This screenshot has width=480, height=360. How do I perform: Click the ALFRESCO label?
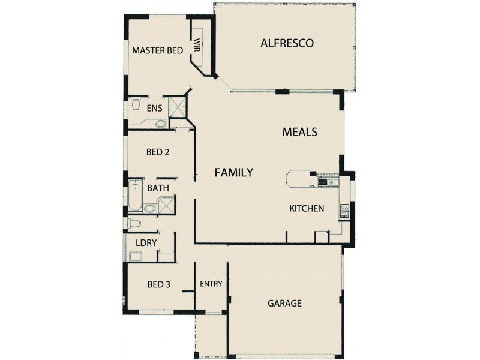pyautogui.click(x=287, y=43)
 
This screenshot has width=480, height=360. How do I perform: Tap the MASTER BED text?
pyautogui.click(x=157, y=51)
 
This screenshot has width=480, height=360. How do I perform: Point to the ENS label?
pyautogui.click(x=154, y=109)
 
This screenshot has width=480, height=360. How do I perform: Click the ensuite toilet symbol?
pyautogui.click(x=136, y=106)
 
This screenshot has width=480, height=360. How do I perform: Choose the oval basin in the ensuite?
pyautogui.click(x=161, y=124)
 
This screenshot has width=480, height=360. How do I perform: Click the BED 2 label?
pyautogui.click(x=158, y=152)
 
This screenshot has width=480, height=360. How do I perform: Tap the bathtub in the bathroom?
pyautogui.click(x=135, y=195)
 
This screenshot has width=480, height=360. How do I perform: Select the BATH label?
pyautogui.click(x=158, y=188)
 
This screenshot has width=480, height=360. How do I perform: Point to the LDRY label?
pyautogui.click(x=146, y=244)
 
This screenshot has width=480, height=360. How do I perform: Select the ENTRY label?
pyautogui.click(x=211, y=284)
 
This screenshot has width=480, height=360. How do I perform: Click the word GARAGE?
pyautogui.click(x=284, y=304)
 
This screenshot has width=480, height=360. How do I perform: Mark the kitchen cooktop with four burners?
pyautogui.click(x=346, y=210)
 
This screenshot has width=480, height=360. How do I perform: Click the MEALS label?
pyautogui.click(x=299, y=132)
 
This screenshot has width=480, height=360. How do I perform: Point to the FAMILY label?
pyautogui.click(x=234, y=173)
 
